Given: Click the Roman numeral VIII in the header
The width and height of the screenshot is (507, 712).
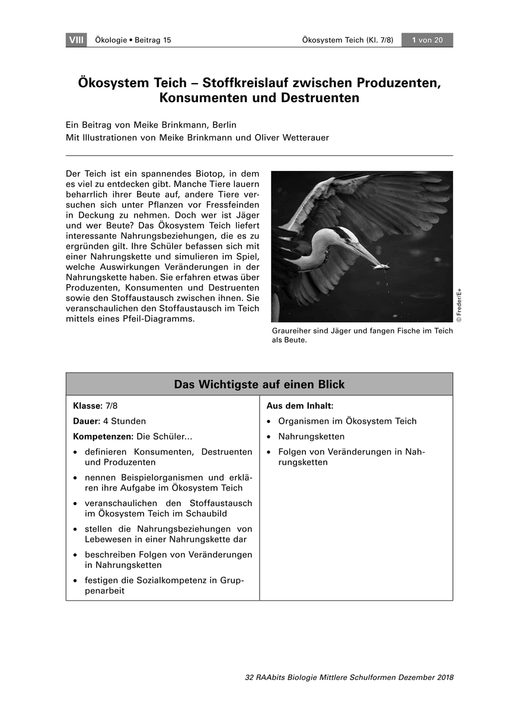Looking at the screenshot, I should click(x=76, y=40).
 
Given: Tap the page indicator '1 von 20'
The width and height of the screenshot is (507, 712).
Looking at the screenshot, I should click(x=426, y=40).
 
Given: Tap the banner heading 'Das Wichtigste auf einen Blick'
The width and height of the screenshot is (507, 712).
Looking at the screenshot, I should click(x=259, y=384).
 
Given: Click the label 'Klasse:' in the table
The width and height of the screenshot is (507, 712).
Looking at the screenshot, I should click(x=88, y=406).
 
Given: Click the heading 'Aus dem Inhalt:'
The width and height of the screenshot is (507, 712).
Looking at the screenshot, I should click(x=300, y=406).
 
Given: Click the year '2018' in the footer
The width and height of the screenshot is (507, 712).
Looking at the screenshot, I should click(x=444, y=678).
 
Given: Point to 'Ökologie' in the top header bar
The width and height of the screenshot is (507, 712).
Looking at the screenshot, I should click(x=107, y=40).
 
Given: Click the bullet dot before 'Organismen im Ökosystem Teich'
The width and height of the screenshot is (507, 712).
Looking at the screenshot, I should click(x=269, y=421).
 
